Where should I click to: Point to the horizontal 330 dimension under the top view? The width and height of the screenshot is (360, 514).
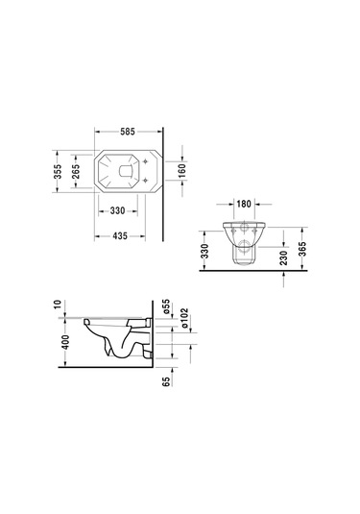[118, 210]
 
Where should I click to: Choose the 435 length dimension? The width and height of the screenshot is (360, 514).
[118, 235]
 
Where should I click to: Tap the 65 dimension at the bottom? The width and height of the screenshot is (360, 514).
[165, 383]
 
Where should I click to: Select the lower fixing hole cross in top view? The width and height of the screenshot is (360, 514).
[144, 180]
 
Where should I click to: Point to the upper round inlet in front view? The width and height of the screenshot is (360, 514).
[245, 232]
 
